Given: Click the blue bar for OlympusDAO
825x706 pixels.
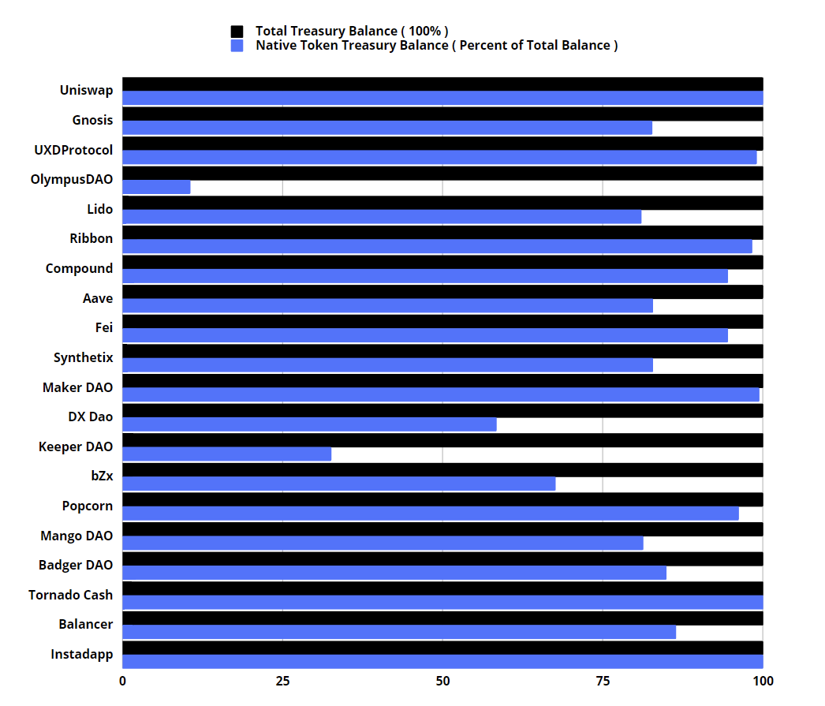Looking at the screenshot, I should click(156, 187).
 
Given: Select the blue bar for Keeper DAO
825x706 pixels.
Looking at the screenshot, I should click(226, 454).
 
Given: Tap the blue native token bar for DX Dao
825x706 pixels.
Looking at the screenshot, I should click(309, 424).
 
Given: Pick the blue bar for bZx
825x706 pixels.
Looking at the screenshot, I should click(338, 484).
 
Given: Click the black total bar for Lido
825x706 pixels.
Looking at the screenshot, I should click(442, 203).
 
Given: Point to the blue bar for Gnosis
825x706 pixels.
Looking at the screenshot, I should click(386, 128).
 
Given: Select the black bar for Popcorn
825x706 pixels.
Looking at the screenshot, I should click(442, 499).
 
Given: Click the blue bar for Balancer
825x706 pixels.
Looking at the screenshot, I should click(398, 632).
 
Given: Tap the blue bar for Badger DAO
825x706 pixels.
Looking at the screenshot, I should click(394, 573).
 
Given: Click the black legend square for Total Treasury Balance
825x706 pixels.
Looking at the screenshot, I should click(237, 31).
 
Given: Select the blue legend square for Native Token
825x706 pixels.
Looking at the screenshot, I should click(237, 46).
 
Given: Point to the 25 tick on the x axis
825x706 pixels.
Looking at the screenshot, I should click(282, 681).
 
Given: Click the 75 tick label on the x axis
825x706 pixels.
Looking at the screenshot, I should click(603, 681).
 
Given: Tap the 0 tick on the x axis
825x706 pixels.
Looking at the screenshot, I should click(122, 681).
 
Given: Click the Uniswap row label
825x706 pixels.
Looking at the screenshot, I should click(86, 91).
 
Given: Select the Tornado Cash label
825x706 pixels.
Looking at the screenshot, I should click(70, 595).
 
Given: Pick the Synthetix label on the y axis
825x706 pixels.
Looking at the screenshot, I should click(83, 357).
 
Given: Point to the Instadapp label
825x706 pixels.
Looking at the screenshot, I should click(81, 654).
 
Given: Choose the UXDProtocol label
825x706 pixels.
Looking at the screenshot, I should click(73, 150).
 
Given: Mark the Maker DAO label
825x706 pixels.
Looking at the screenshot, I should click(77, 387).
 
